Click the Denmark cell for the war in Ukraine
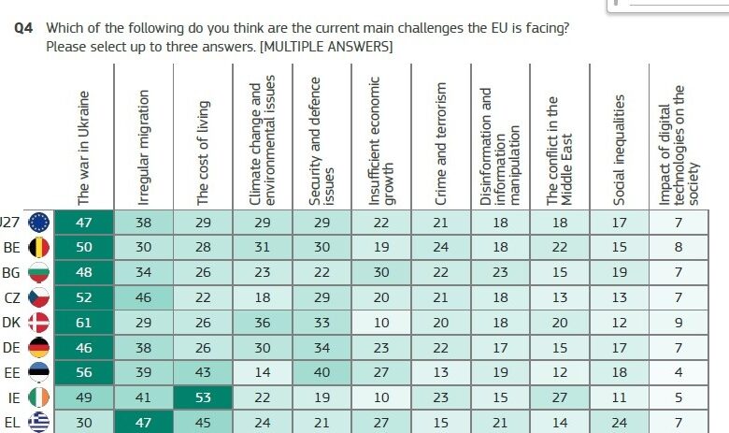click(x=83, y=323)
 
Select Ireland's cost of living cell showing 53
click(x=203, y=397)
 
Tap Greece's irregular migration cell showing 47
click(x=143, y=422)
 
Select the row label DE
click(x=13, y=348)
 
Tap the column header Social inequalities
click(x=621, y=150)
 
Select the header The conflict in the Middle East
click(x=559, y=150)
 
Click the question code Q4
click(x=25, y=28)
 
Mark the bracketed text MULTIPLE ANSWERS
click(x=326, y=46)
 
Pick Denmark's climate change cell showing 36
click(x=262, y=323)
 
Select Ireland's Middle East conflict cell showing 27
click(x=559, y=397)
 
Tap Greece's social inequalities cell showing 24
click(x=621, y=422)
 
